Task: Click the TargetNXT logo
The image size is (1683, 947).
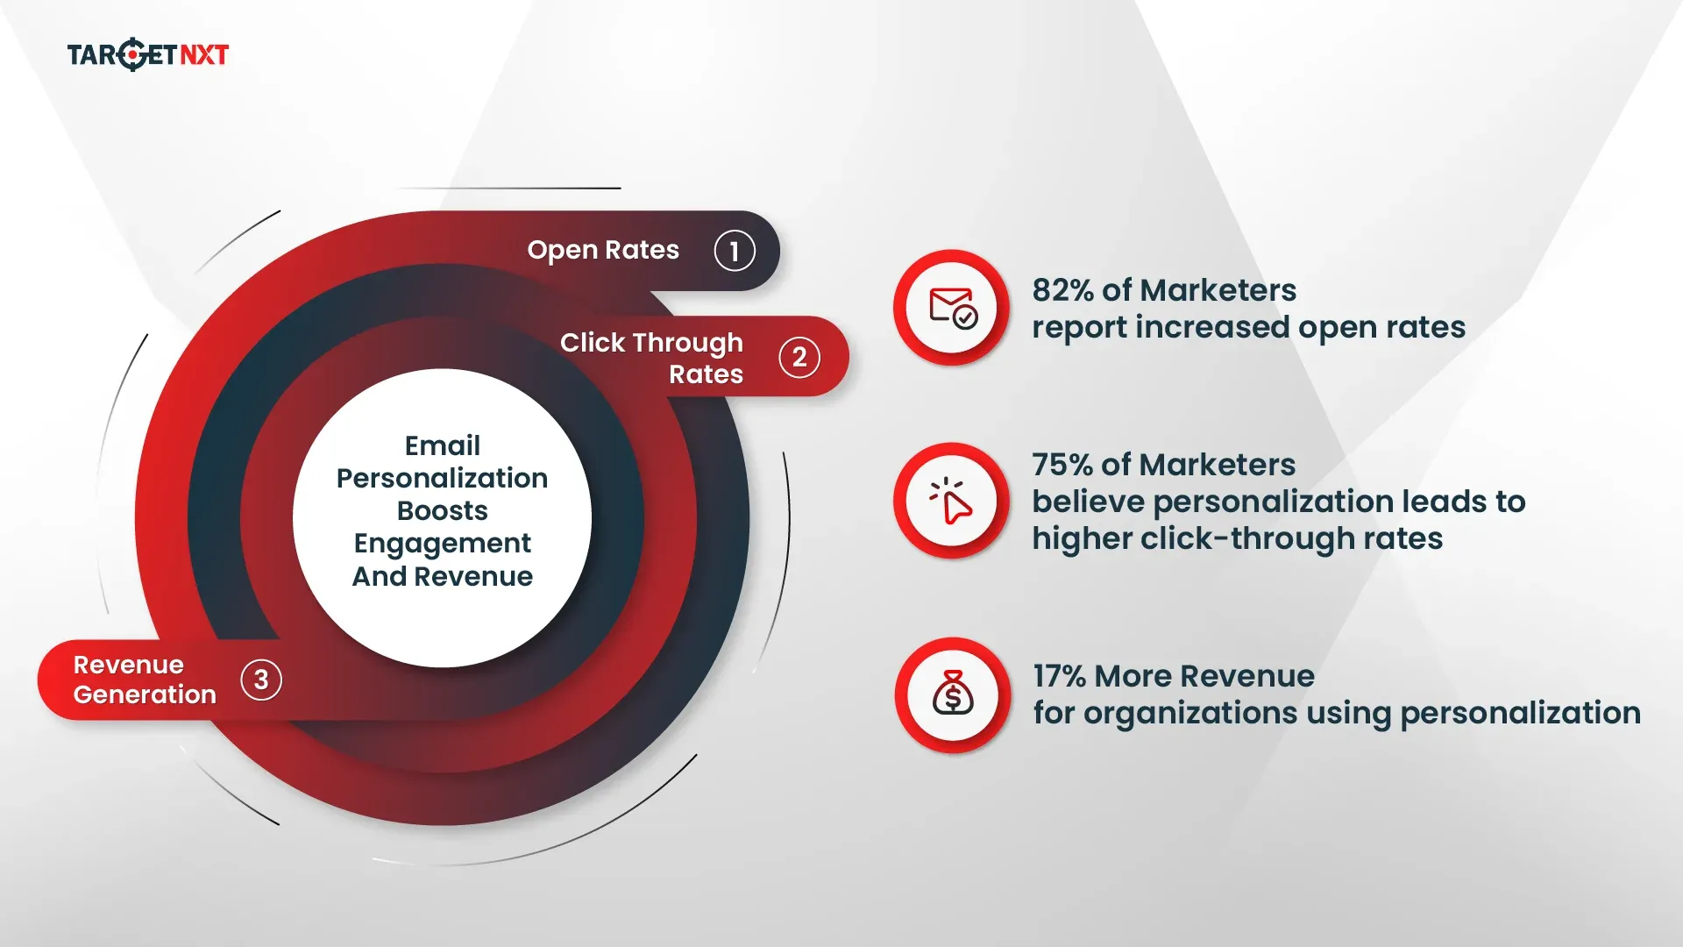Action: tap(147, 54)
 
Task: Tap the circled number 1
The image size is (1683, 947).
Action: tap(734, 251)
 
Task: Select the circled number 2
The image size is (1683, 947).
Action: tap(799, 358)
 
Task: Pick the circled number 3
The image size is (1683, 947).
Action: tap(261, 680)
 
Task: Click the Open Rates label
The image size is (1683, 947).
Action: tap(603, 250)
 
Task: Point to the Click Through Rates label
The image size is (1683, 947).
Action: tap(652, 358)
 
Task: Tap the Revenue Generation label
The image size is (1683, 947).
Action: tap(145, 680)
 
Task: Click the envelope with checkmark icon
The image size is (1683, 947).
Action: tap(952, 308)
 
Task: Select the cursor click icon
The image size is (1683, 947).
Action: tap(952, 501)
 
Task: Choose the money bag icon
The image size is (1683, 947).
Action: tap(953, 695)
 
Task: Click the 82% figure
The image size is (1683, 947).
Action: tap(1062, 290)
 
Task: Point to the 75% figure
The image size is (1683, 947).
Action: tap(1062, 465)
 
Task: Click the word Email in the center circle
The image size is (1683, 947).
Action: tap(443, 445)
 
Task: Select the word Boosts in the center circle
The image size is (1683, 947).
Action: tap(443, 510)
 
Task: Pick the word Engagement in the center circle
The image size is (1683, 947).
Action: tap(443, 544)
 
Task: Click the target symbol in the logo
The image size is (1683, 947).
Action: tap(131, 54)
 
